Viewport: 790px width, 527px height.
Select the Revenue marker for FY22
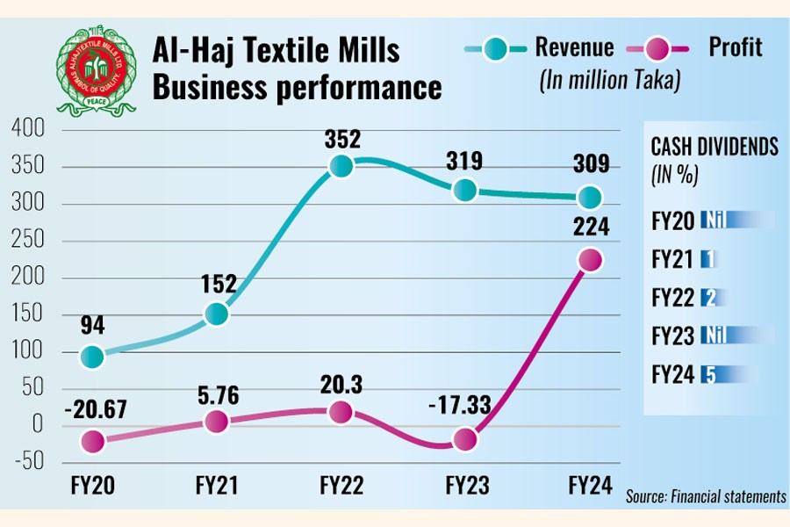(x=341, y=165)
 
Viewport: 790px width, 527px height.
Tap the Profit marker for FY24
(x=590, y=260)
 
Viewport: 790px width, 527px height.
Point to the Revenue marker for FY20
(x=91, y=357)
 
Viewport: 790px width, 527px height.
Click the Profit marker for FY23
(x=465, y=438)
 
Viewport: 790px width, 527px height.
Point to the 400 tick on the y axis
(x=27, y=130)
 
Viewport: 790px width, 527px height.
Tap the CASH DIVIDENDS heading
(x=714, y=147)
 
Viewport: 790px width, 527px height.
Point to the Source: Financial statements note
(x=706, y=496)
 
